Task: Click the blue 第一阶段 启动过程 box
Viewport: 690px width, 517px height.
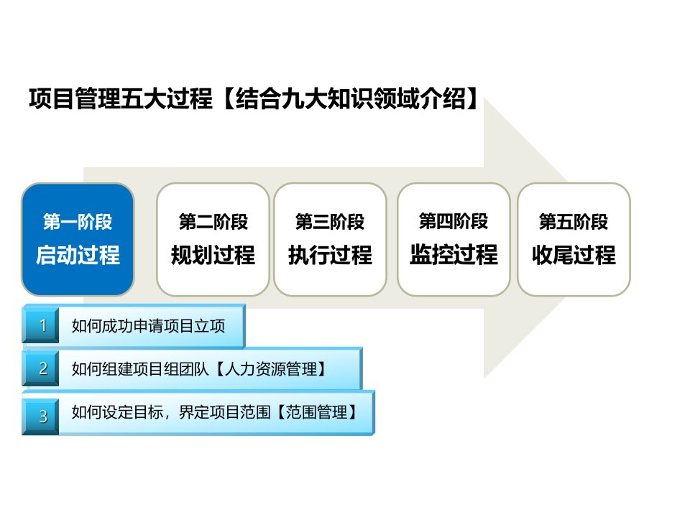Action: click(x=78, y=240)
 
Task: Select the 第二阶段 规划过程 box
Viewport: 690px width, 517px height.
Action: click(x=213, y=240)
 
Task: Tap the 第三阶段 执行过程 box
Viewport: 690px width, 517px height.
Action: click(x=330, y=240)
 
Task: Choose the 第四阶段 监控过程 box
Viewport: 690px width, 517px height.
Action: click(x=454, y=240)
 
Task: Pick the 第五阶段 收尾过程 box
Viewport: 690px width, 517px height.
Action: click(x=574, y=240)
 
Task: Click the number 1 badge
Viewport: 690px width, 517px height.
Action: click(x=41, y=325)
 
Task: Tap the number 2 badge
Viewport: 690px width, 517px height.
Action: click(x=41, y=368)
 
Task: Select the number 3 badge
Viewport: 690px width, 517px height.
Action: click(x=41, y=416)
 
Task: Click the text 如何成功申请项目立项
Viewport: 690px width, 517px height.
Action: click(x=148, y=326)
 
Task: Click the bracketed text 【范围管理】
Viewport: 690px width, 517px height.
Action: click(x=316, y=412)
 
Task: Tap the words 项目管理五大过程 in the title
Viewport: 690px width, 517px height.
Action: click(x=121, y=98)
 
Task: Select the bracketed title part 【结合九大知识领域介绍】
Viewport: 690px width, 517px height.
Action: click(x=351, y=98)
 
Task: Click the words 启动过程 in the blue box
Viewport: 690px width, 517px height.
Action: click(x=78, y=255)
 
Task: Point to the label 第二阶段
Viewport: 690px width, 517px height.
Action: click(x=213, y=222)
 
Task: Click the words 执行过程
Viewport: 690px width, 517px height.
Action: click(x=330, y=255)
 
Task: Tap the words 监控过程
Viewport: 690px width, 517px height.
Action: click(x=454, y=254)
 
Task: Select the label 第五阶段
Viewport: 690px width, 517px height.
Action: click(x=574, y=222)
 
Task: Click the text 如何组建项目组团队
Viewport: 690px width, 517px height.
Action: click(x=140, y=369)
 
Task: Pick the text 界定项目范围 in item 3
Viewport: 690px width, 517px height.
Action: click(x=224, y=412)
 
